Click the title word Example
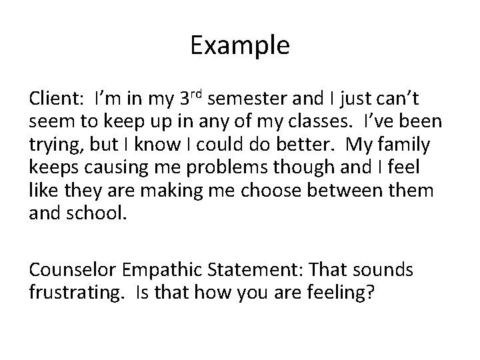click(x=240, y=45)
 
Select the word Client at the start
click(x=53, y=99)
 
